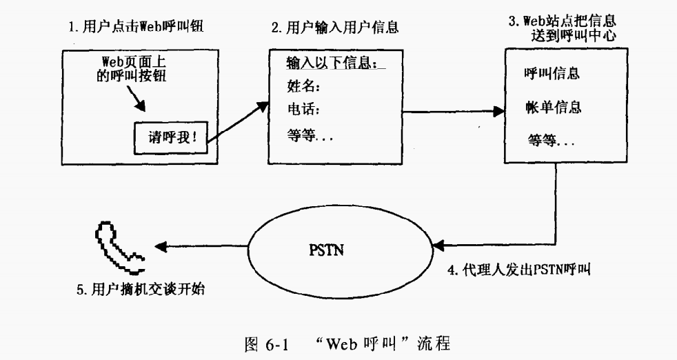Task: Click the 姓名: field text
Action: tap(305, 87)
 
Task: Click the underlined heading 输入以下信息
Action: tap(334, 63)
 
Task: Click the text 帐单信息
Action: tap(552, 108)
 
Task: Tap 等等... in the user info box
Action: tap(310, 136)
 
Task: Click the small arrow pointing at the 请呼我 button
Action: tap(137, 102)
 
